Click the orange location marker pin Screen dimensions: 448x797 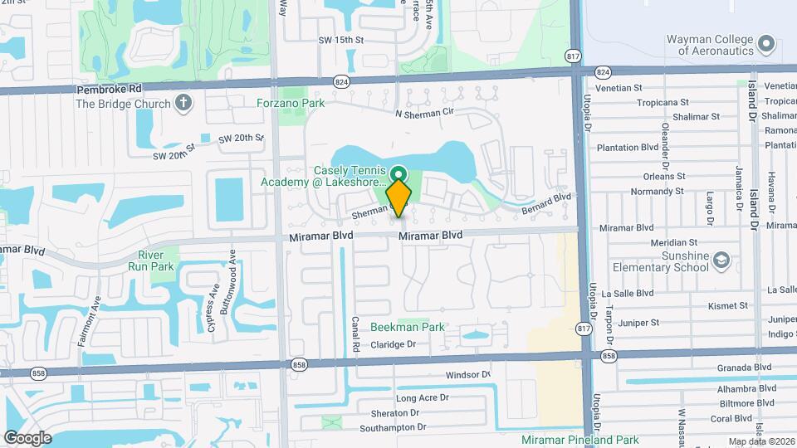pos(398,197)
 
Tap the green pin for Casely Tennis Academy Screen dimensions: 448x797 pos(398,174)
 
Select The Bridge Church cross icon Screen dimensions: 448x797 pos(183,104)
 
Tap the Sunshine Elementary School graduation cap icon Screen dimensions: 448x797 pos(721,261)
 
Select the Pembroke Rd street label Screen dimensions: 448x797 pos(110,88)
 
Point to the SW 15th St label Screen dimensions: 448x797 pos(342,40)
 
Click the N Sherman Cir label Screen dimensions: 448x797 pos(426,113)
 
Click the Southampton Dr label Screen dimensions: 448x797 pos(393,427)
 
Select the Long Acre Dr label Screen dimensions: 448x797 pos(422,398)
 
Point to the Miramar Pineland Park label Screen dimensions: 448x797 pos(580,440)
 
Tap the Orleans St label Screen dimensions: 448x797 pos(663,176)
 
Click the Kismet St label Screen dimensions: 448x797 pos(727,306)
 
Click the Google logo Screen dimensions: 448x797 pos(27,437)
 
